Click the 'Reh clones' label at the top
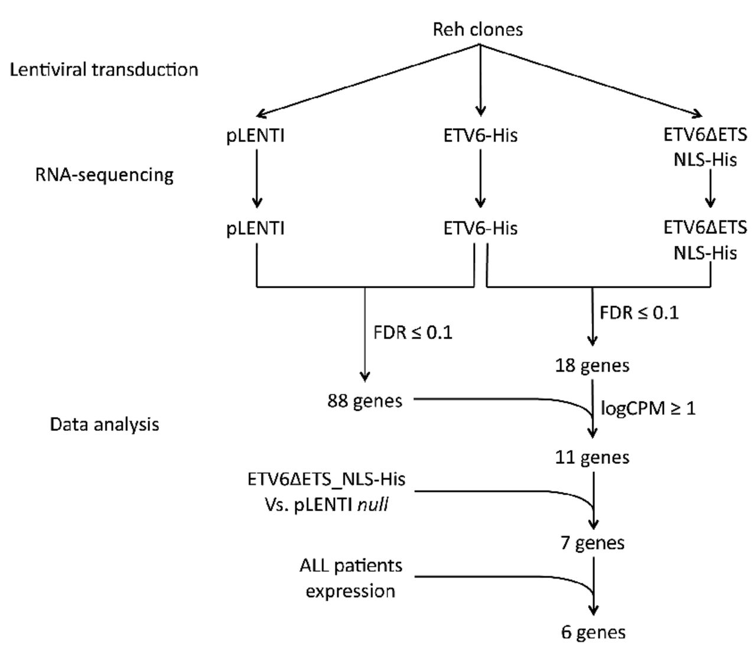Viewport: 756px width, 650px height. pos(478,29)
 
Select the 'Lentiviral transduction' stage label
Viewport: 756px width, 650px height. pos(104,70)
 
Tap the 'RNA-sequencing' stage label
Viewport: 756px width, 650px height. pos(105,175)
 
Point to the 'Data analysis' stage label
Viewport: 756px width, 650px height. pos(105,424)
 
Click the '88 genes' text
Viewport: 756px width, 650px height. pos(365,401)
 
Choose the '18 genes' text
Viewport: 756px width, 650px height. pos(592,365)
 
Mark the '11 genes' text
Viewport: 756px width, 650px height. pos(592,457)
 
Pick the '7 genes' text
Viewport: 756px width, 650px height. pos(592,542)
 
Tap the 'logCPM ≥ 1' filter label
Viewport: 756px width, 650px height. pos(648,408)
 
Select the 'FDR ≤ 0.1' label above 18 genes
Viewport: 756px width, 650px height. pos(639,312)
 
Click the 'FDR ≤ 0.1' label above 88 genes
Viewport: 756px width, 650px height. pos(413,332)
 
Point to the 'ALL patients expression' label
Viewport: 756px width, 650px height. pos(351,578)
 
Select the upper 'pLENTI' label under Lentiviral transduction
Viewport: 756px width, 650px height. pos(256,135)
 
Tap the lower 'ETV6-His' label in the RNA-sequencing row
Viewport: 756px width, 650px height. pos(480,228)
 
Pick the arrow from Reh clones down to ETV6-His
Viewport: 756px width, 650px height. pos(480,80)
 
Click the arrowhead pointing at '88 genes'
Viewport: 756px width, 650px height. pos(365,375)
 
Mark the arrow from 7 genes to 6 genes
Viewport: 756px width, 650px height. pos(593,585)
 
